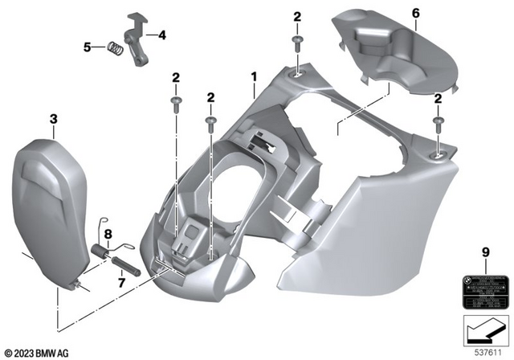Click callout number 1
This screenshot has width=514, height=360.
point(254,77)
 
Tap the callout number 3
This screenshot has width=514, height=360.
point(54,120)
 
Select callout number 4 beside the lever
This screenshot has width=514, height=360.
point(161,35)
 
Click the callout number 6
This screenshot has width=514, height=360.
point(415,14)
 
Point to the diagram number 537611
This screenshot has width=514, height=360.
point(489,352)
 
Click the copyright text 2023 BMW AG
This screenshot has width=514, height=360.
point(39,352)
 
